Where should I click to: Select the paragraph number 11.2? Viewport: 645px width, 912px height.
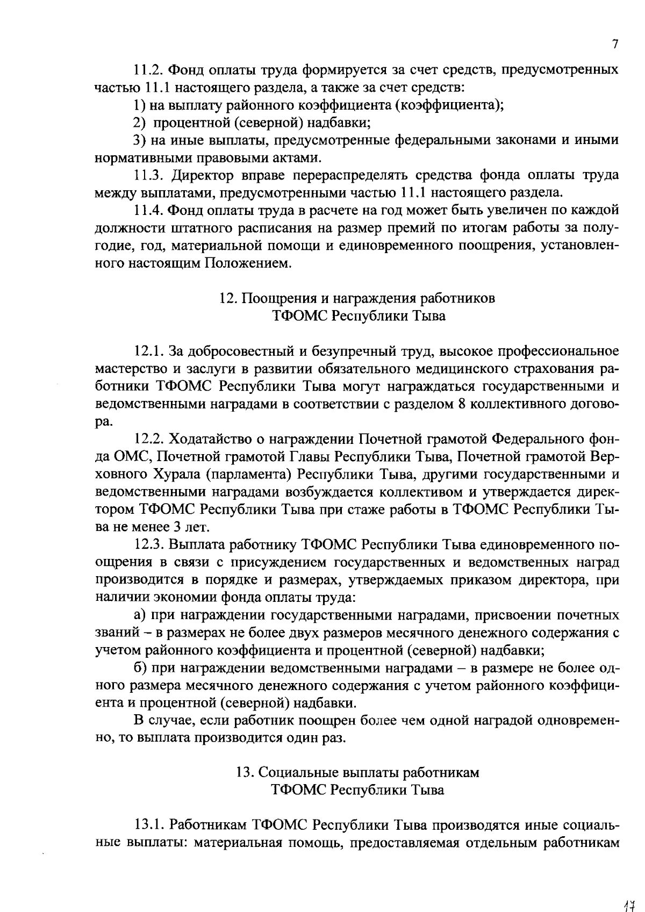pyautogui.click(x=149, y=70)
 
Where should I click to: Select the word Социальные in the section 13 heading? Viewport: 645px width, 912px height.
pyautogui.click(x=302, y=772)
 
